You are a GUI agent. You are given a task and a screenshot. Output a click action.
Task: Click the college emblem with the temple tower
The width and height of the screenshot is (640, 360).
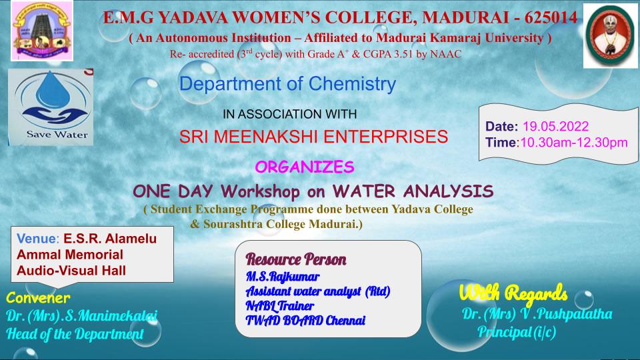point(41,31)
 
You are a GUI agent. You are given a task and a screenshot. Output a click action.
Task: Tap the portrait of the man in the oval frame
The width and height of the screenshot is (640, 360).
point(610,35)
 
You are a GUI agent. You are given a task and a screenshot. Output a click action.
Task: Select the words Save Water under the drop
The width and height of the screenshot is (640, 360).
point(57,135)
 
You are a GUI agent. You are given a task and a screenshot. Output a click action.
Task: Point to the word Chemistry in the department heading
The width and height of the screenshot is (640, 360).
point(352,84)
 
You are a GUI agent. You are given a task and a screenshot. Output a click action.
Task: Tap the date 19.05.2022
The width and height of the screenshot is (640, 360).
point(555,126)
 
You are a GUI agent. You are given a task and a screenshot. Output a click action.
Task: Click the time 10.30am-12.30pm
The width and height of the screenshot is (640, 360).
point(574,143)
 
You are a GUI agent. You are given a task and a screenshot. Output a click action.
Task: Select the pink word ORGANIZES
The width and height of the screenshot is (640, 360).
point(305,167)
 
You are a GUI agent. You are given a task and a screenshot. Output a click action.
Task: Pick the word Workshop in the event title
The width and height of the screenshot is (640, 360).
point(260,191)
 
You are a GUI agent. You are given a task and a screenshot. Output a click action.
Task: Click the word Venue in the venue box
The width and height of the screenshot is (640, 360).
point(36,239)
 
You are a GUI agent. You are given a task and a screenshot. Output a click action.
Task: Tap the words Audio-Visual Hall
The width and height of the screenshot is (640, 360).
point(71,271)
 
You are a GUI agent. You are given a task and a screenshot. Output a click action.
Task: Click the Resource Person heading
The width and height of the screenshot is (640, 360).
point(296,259)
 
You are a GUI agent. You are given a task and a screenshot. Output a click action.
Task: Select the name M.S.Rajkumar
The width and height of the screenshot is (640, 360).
point(283,277)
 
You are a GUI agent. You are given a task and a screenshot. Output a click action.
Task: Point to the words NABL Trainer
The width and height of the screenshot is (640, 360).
point(279,306)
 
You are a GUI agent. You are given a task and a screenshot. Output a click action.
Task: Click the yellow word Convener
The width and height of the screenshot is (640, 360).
point(38,298)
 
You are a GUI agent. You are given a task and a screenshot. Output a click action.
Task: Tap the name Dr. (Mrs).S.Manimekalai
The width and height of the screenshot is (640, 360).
point(81,316)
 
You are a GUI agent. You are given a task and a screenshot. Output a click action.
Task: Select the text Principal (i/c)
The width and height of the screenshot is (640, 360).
point(517,332)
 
